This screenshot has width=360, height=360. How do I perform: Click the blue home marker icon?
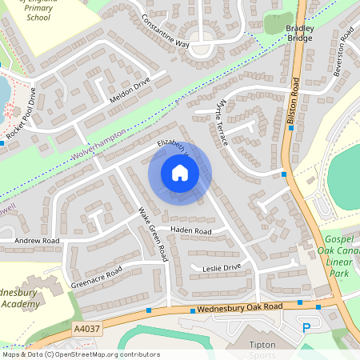[x=180, y=174]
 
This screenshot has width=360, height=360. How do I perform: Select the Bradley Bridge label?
[x=300, y=33]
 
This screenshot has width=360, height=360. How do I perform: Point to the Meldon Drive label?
[x=130, y=94]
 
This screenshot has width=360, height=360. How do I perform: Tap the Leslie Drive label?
[x=222, y=267]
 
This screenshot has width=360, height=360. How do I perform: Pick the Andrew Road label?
[x=38, y=240]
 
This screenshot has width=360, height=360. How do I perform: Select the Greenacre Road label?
[x=96, y=274]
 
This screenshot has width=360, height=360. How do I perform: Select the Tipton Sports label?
[x=262, y=349]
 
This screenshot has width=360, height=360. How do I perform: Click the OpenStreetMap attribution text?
[x=80, y=354]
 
